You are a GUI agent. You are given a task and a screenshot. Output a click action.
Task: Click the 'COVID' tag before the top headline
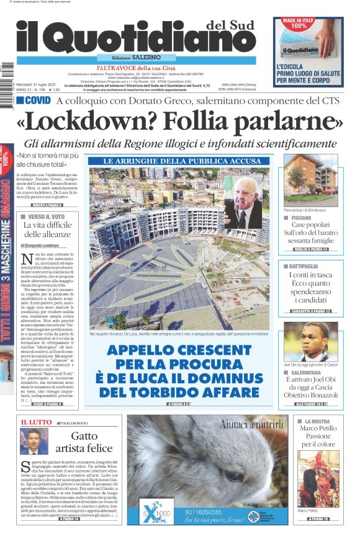tap(34, 100)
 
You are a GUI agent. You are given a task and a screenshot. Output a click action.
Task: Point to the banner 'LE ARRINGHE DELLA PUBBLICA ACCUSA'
tap(179, 161)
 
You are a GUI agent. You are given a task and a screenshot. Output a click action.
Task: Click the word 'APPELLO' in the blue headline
tap(142, 350)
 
